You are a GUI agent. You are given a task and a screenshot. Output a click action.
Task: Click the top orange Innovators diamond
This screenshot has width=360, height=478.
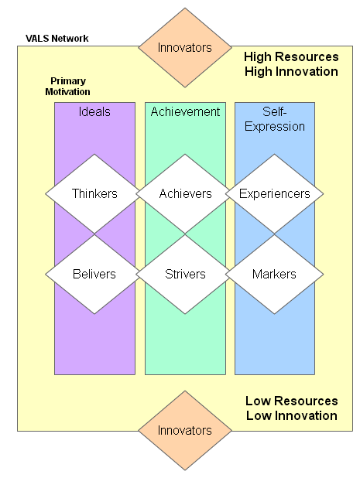184,47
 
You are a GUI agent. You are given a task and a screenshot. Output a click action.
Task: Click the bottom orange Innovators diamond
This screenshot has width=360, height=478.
184,430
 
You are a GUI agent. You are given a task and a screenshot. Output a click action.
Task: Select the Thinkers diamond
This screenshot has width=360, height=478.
94,193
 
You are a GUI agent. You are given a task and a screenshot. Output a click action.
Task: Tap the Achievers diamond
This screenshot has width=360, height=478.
185,193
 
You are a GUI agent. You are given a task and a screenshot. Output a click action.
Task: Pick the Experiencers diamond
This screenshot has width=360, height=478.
275,193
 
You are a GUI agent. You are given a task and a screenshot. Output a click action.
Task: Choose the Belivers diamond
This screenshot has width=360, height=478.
94,274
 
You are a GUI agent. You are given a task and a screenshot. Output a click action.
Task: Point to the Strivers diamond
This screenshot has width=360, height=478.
185,274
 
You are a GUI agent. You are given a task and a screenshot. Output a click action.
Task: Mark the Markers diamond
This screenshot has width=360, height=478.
275,274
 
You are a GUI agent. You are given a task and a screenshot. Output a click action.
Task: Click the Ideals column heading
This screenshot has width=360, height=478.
94,111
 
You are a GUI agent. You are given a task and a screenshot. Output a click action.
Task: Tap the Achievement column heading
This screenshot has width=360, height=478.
185,111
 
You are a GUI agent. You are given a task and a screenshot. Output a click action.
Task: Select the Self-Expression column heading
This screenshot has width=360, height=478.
275,119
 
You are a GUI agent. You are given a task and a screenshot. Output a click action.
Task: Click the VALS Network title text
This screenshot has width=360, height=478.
57,39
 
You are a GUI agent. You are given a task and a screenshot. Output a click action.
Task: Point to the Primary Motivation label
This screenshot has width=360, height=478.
68,86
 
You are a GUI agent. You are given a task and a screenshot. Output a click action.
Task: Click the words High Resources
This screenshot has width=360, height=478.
291,56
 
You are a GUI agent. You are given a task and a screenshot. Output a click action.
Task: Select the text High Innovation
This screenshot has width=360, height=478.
291,71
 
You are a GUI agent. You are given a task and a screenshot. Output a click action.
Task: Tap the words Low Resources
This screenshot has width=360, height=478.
291,401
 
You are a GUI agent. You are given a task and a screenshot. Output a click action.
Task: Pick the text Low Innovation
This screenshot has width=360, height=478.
291,415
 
